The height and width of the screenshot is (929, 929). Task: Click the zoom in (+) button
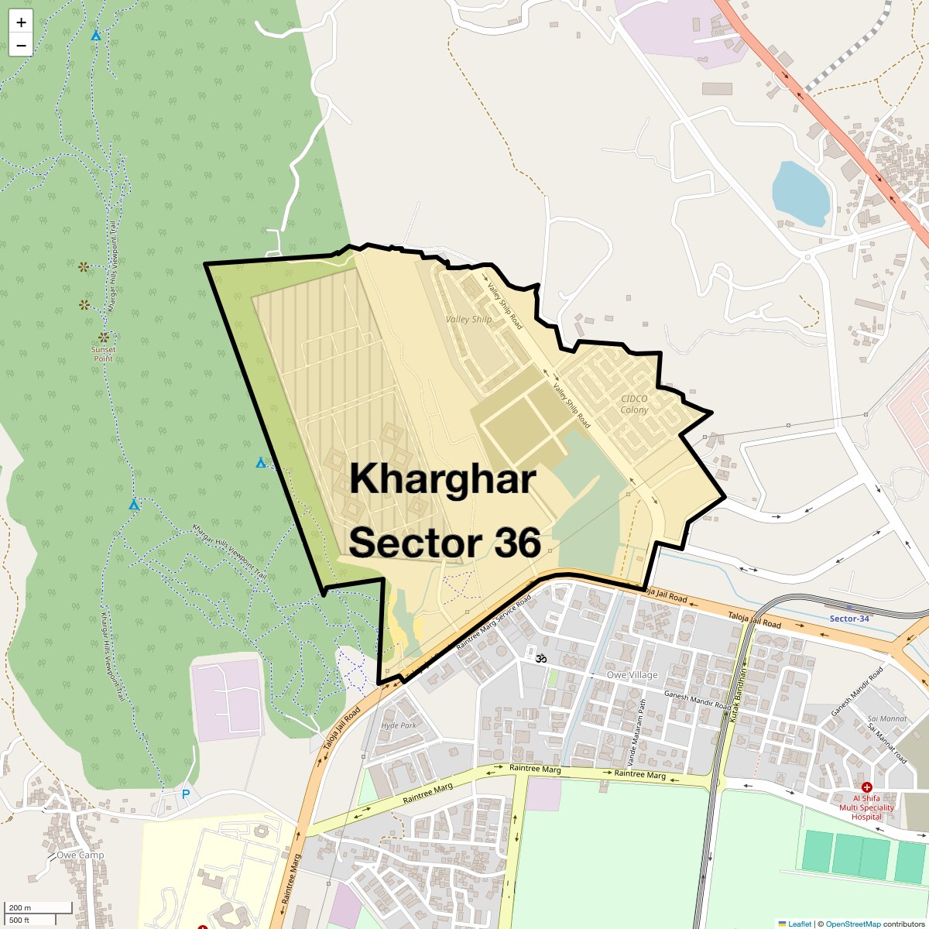[x=21, y=22]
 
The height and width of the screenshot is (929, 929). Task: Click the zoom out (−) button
[x=21, y=45]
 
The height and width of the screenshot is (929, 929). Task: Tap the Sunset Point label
[x=103, y=353]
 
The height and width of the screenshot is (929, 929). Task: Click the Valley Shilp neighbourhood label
[x=468, y=319]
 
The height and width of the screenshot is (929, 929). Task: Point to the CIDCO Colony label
[x=634, y=404]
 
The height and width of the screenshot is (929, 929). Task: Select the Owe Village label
[x=632, y=675]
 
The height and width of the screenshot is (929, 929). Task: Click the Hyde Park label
[x=399, y=725]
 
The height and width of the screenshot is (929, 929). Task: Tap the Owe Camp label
[x=80, y=855]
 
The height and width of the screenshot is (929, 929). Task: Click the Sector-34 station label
[x=849, y=619]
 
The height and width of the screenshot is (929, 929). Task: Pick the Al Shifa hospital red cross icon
[x=866, y=787]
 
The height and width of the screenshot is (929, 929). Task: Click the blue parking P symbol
[x=185, y=794]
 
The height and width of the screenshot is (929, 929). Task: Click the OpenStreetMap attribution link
[x=852, y=924]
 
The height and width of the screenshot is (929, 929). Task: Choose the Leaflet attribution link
[x=800, y=924]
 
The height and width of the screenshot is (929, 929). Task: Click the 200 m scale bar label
[x=20, y=907]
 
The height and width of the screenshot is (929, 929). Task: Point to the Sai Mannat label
[x=887, y=718]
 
